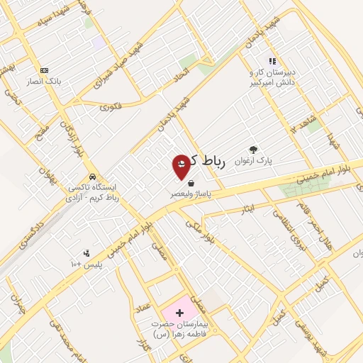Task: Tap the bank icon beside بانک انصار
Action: (44, 71)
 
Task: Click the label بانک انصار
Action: (45, 81)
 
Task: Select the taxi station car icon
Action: (92, 177)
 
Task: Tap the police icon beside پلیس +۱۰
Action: (87, 253)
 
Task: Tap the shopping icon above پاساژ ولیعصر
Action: (191, 183)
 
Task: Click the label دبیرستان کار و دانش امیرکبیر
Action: (270, 77)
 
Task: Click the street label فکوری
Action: (111, 108)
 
